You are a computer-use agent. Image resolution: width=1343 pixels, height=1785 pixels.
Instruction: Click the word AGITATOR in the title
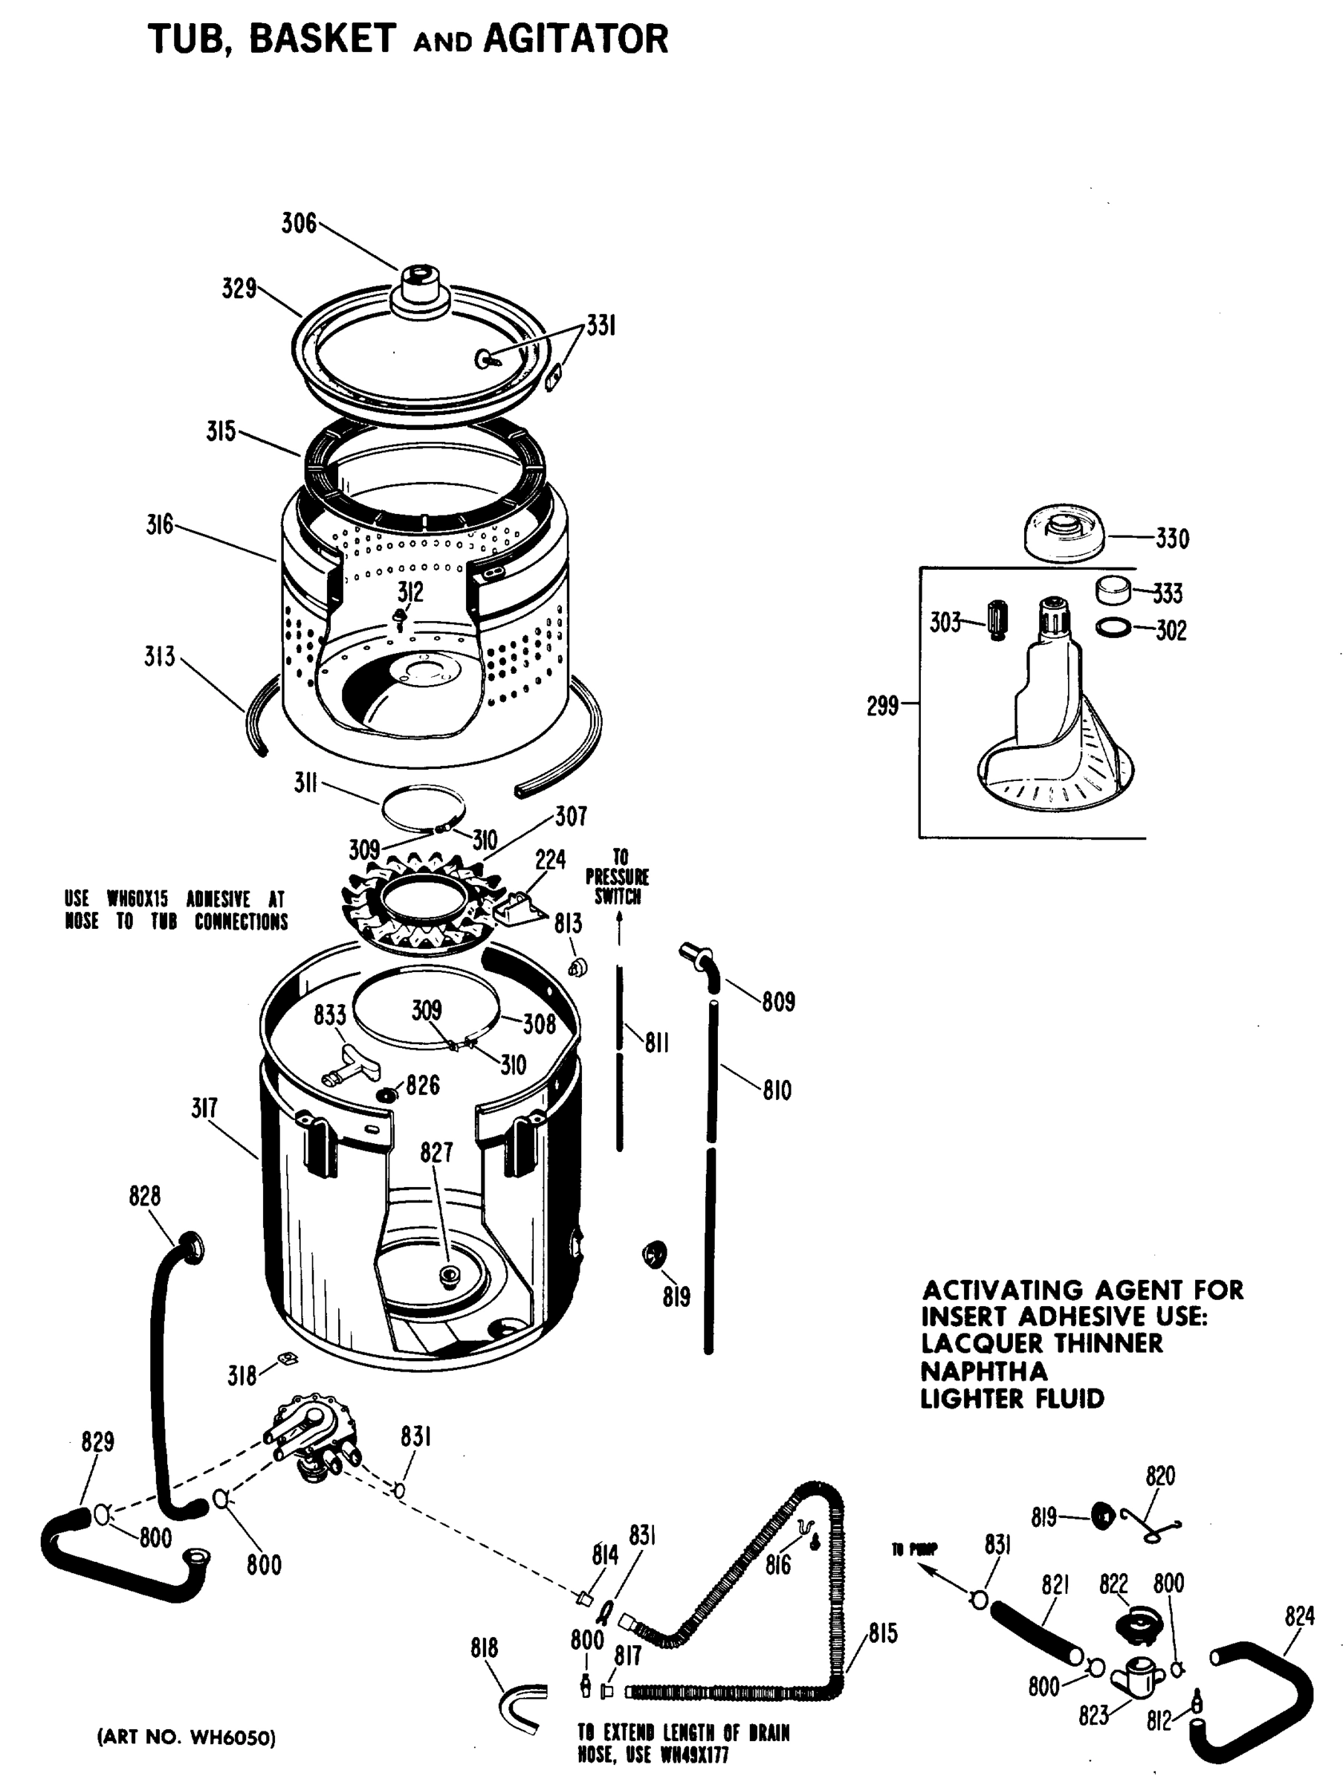click(x=575, y=39)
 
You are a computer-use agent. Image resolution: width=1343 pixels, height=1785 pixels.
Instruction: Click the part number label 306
click(x=299, y=224)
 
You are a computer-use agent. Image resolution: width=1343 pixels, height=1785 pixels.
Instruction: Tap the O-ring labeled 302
click(x=1113, y=628)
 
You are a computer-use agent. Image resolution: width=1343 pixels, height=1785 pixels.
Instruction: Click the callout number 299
click(x=881, y=706)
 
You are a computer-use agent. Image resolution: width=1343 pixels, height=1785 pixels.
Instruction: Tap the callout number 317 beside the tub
click(x=204, y=1108)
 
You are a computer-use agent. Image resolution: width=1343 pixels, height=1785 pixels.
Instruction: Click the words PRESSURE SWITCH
click(x=617, y=886)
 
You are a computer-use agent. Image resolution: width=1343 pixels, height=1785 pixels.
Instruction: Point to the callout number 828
click(x=144, y=1196)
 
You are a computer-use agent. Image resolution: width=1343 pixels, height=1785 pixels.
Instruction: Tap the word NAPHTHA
click(x=983, y=1371)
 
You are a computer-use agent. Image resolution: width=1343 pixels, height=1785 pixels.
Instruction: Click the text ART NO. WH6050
click(x=187, y=1737)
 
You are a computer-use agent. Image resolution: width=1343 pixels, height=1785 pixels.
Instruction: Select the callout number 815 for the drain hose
click(x=882, y=1633)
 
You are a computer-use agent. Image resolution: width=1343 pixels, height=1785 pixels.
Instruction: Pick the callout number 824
click(x=1299, y=1615)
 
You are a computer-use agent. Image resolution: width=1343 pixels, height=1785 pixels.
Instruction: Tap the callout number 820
click(x=1160, y=1476)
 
